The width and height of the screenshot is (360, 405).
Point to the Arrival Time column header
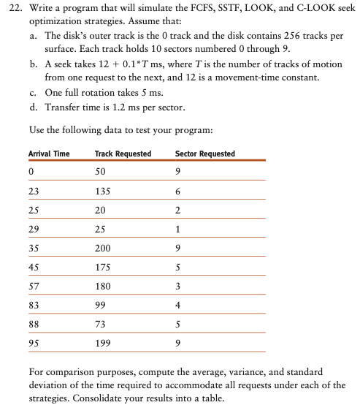(49, 154)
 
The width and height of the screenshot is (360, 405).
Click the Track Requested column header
(123, 154)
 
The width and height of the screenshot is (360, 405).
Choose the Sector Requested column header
(205, 154)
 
